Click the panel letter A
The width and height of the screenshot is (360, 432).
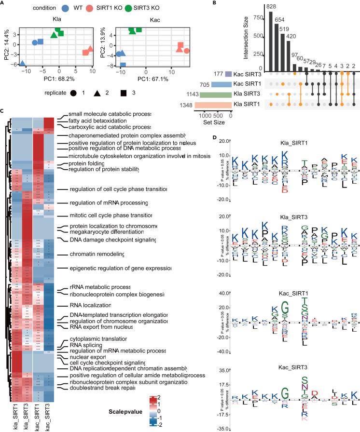(x=3, y=3)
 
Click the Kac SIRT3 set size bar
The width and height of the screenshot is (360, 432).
(x=228, y=73)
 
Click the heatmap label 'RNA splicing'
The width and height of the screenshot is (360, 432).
(x=86, y=359)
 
